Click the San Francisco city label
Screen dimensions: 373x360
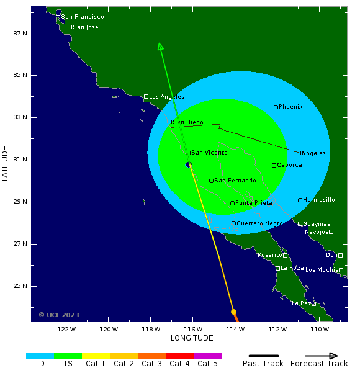(x=83, y=17)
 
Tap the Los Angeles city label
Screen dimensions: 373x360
(x=166, y=97)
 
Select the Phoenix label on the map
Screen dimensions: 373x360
(x=290, y=107)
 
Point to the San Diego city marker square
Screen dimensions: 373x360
(x=169, y=122)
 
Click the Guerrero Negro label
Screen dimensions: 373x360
(x=259, y=223)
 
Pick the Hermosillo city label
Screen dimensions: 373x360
(x=319, y=200)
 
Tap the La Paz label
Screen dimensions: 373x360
(x=302, y=303)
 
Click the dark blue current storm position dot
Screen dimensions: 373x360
(x=188, y=164)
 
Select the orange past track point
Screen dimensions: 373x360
(x=233, y=312)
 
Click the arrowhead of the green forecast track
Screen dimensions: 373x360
(x=160, y=46)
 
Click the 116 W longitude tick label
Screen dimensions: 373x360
(x=193, y=329)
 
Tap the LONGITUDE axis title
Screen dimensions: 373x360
(x=192, y=338)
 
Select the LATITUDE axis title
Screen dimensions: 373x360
(x=6, y=163)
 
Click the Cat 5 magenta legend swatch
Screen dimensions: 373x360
(x=207, y=356)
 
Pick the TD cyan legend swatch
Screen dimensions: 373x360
(x=40, y=356)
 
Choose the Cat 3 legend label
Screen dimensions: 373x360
(x=151, y=364)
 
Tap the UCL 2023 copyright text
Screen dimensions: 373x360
(x=59, y=315)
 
